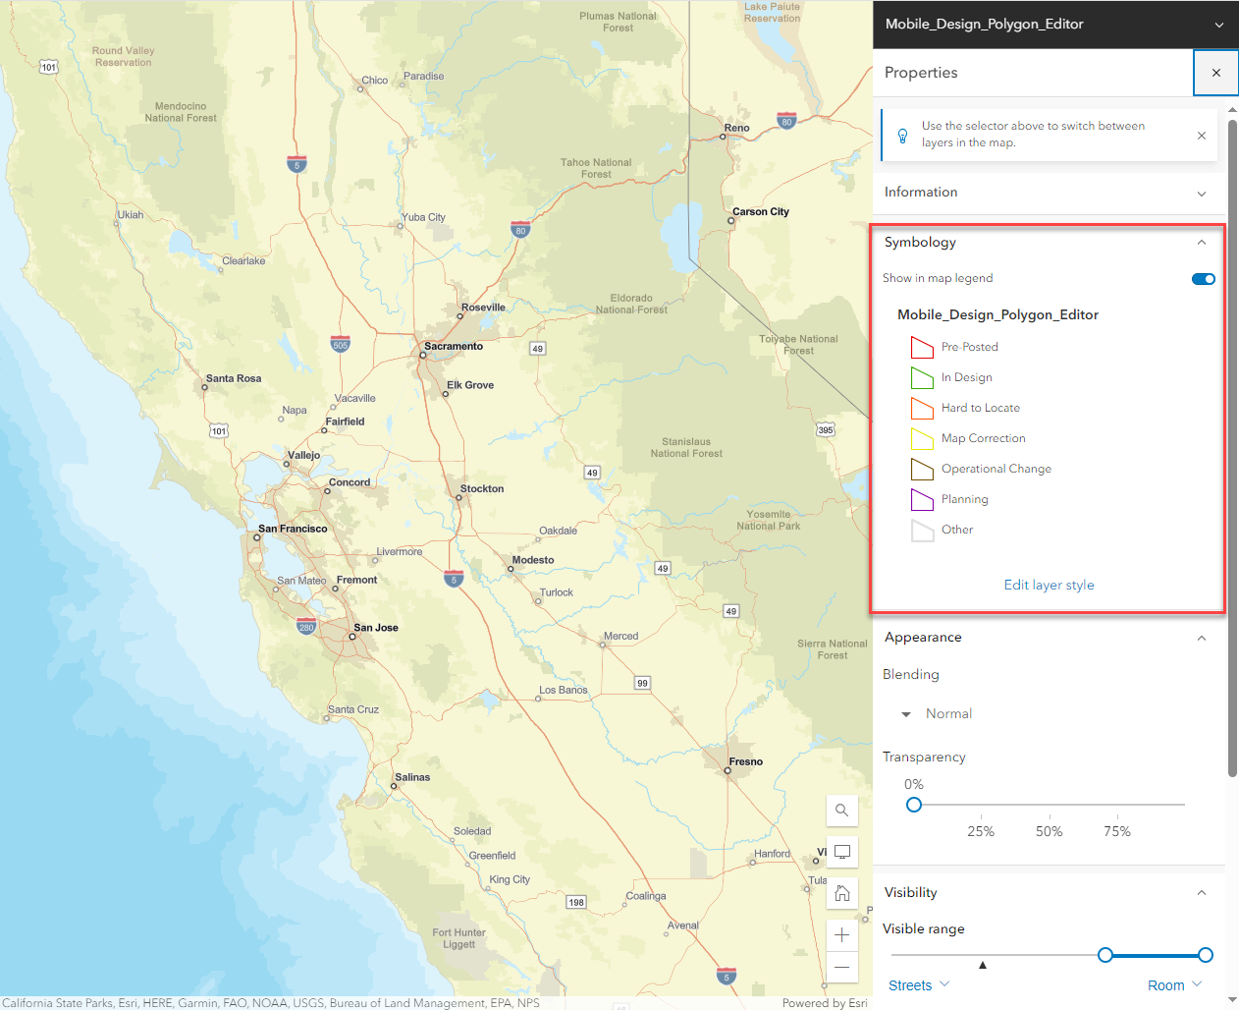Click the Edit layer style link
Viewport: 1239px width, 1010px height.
[1049, 585]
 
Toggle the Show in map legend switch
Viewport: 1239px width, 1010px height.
[1203, 279]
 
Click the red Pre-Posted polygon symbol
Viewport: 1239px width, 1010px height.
[922, 347]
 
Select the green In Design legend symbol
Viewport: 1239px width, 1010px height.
[922, 377]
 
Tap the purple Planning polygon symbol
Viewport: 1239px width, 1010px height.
[922, 499]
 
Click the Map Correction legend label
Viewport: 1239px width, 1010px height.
[983, 438]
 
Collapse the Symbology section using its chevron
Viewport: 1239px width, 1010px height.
[1201, 243]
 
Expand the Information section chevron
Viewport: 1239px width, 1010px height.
[1201, 194]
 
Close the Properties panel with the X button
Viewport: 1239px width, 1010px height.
[1215, 73]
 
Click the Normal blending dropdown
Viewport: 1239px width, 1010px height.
[939, 714]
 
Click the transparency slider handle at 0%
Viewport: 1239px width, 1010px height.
[914, 805]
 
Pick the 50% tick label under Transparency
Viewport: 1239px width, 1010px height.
[1049, 831]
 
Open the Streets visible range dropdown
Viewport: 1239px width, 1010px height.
[919, 985]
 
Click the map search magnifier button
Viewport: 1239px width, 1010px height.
[842, 811]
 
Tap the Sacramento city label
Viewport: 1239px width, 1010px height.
[454, 346]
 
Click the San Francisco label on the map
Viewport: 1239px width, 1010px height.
[293, 529]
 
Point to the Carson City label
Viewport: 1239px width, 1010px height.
[761, 211]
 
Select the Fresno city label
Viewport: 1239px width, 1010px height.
[746, 761]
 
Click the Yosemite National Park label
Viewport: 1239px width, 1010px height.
[769, 520]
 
